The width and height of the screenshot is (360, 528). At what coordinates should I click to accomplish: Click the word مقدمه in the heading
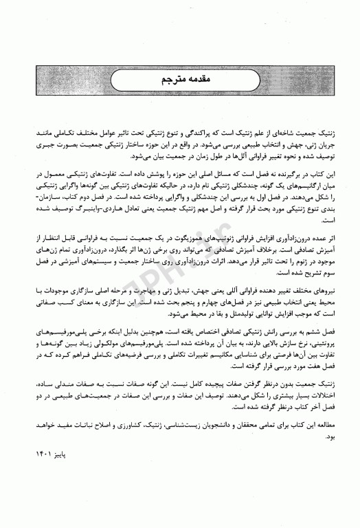(x=201, y=81)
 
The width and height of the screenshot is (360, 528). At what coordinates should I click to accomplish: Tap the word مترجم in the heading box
(x=169, y=81)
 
